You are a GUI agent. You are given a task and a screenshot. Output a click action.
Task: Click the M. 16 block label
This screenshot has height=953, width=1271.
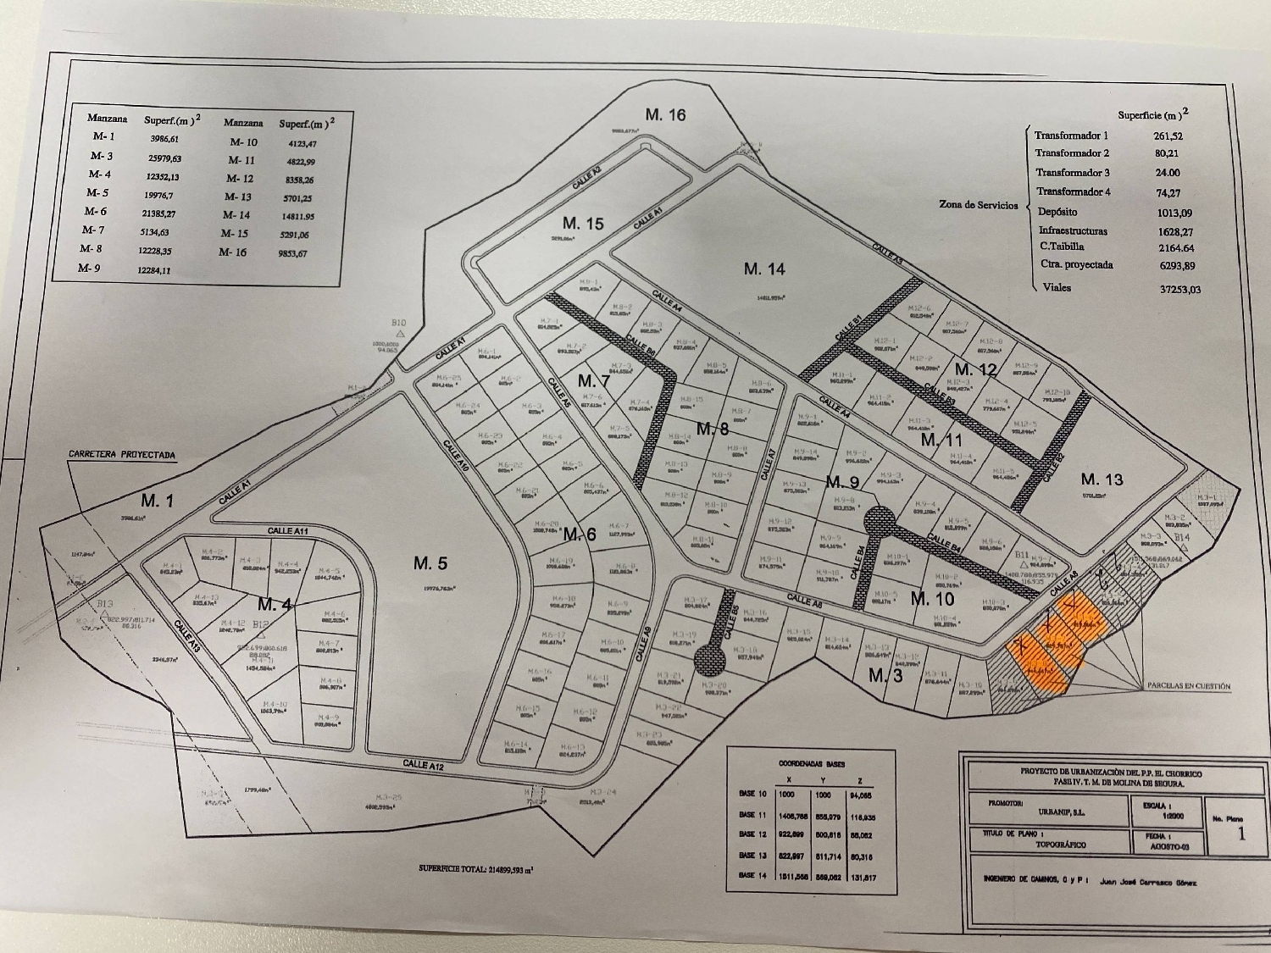[x=665, y=115]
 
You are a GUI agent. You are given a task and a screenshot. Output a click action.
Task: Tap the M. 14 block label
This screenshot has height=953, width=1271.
[x=764, y=269]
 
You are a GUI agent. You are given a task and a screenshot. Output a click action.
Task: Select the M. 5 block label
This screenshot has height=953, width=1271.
[x=430, y=562]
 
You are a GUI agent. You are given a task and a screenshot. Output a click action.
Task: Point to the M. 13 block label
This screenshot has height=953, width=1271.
[x=1102, y=479]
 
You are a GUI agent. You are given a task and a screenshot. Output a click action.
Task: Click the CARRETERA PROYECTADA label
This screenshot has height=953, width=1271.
[x=122, y=455]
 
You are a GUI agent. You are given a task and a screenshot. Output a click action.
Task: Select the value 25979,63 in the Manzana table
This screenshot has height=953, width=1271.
[x=164, y=158]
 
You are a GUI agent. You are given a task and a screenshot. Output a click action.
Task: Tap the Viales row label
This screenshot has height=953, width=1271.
[x=1057, y=287]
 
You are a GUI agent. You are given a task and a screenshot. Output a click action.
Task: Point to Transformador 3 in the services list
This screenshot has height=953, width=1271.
[x=1072, y=173]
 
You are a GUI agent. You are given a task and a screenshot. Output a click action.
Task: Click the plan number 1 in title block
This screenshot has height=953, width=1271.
[x=1241, y=834]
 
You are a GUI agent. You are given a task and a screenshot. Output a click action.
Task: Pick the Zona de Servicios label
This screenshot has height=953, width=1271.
[x=979, y=205]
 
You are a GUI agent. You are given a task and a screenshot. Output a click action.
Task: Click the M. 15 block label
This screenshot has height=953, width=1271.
[x=584, y=224]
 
